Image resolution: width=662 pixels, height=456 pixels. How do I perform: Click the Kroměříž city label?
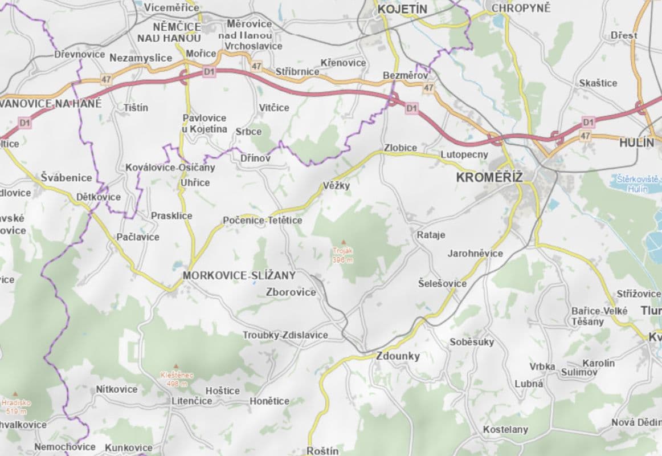pos(489,177)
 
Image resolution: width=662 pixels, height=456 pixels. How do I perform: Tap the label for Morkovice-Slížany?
pos(239,276)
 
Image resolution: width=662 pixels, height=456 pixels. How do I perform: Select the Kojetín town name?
pos(402,9)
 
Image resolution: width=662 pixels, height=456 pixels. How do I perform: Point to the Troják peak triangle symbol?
pos(343,242)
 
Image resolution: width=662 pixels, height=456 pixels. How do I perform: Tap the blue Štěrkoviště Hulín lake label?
pos(637,184)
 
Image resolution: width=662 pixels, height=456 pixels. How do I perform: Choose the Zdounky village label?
pos(398,356)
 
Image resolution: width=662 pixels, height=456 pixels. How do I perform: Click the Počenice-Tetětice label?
pos(263,220)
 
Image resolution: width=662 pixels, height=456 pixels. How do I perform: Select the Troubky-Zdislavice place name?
pos(285,335)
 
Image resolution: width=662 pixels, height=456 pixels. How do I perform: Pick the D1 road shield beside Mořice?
pos(209,72)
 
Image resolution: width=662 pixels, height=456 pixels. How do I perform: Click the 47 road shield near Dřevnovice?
pos(106,79)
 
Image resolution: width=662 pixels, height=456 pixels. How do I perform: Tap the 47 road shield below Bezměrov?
pos(428,88)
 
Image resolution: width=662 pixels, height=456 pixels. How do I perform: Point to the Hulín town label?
pos(636,143)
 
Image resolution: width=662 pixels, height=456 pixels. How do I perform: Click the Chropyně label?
pos(521,9)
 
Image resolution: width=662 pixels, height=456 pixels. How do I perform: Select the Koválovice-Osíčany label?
pos(170,168)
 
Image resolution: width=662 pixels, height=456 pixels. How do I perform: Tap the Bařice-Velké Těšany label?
pos(599,316)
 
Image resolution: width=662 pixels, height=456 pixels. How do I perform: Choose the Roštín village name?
pos(322,451)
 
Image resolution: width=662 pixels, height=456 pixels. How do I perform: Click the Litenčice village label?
pos(192,401)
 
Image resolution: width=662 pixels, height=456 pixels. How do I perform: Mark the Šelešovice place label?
pos(442,283)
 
